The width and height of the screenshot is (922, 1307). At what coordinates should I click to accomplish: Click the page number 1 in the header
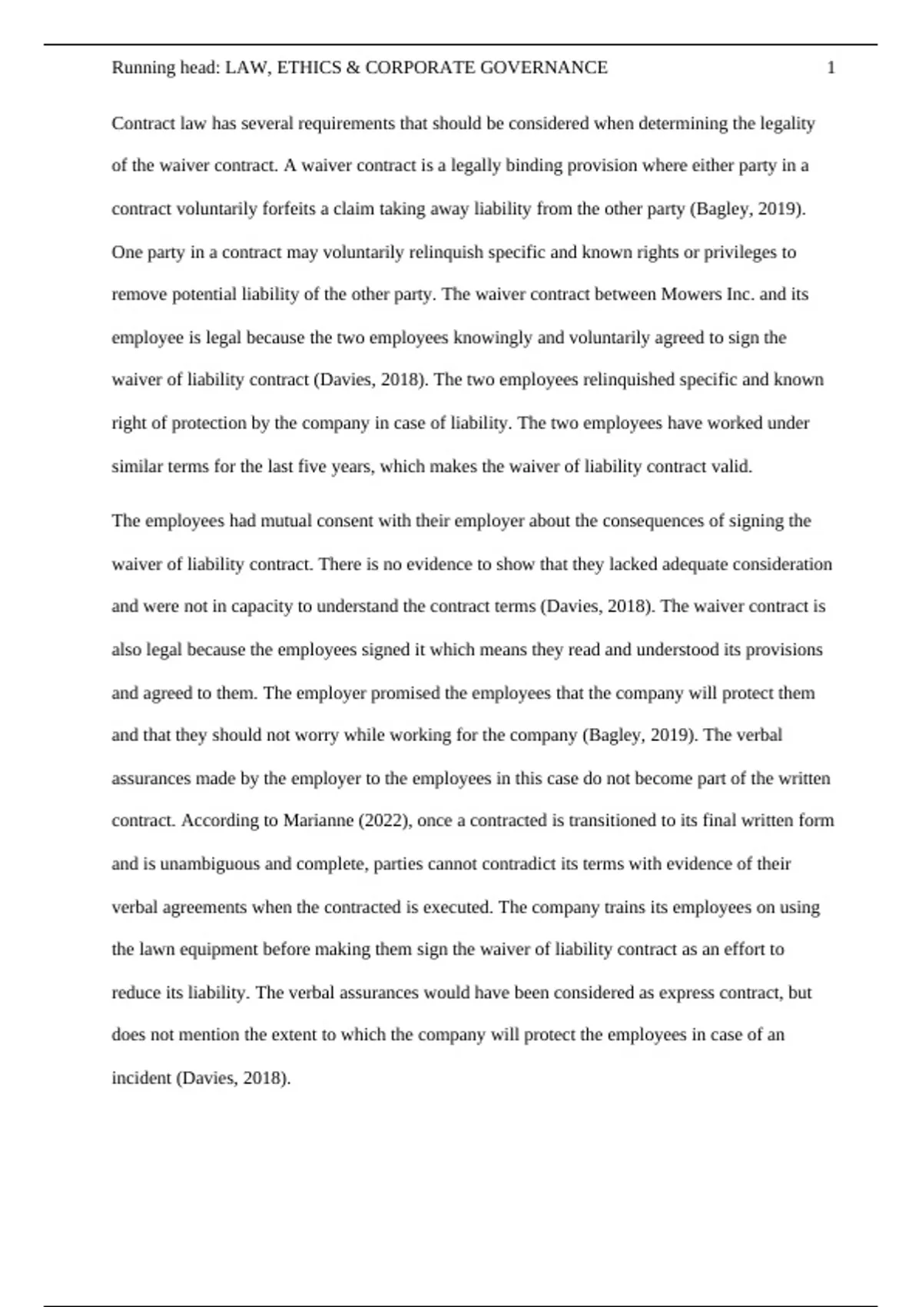tap(831, 68)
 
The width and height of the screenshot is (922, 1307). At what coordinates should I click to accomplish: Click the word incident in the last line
tap(142, 1078)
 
